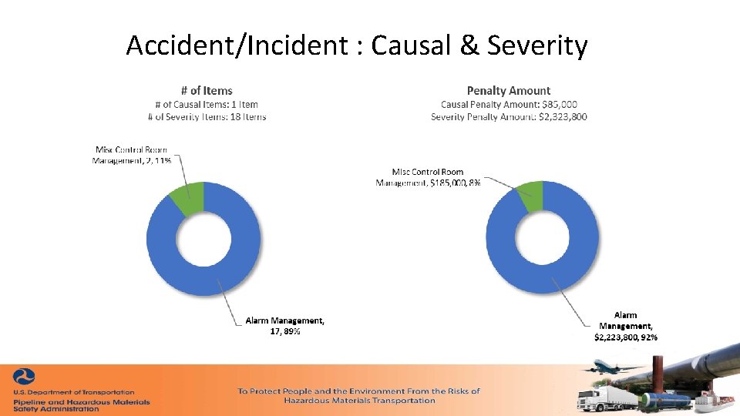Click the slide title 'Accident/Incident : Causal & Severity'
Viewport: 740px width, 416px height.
(357, 46)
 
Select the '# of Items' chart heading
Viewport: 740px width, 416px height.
(207, 91)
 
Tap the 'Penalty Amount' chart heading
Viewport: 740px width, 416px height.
(509, 91)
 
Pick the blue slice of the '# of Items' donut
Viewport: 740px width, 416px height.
(231, 270)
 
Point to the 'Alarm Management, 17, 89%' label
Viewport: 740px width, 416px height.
(284, 326)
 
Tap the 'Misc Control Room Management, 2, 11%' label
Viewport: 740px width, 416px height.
(131, 155)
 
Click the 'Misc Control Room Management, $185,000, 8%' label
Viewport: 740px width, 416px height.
(429, 177)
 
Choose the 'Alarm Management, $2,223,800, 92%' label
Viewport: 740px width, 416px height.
(625, 326)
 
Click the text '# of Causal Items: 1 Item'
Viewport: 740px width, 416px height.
(207, 104)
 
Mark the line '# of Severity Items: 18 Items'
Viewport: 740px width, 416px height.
(207, 116)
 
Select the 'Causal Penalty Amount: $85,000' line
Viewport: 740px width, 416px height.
(509, 104)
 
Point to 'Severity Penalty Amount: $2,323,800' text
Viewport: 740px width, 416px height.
(509, 116)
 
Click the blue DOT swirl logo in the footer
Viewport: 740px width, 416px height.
(24, 377)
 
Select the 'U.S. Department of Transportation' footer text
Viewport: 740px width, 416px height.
(74, 392)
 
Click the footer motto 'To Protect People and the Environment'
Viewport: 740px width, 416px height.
(358, 391)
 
